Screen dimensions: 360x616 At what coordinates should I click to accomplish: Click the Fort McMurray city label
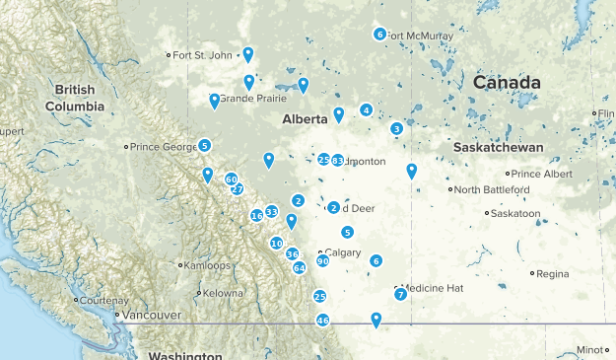421,36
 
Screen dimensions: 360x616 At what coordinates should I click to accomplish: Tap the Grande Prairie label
252,99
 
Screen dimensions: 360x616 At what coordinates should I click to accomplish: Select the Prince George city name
164,147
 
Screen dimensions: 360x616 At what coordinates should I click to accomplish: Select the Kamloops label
207,265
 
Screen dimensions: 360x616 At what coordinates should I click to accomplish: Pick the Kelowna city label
222,293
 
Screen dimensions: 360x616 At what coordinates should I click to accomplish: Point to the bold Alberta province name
305,119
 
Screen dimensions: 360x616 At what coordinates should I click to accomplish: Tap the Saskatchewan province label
500,147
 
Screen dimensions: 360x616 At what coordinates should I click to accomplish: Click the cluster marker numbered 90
322,260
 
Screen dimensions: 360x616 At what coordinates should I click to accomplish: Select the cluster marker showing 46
322,321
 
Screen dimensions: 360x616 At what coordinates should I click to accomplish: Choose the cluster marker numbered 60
232,180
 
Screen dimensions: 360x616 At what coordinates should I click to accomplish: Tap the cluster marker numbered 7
400,294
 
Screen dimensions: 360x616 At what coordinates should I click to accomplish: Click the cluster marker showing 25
319,296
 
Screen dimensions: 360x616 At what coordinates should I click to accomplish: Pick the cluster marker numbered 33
271,210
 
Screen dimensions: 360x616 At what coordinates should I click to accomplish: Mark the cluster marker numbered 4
367,109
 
